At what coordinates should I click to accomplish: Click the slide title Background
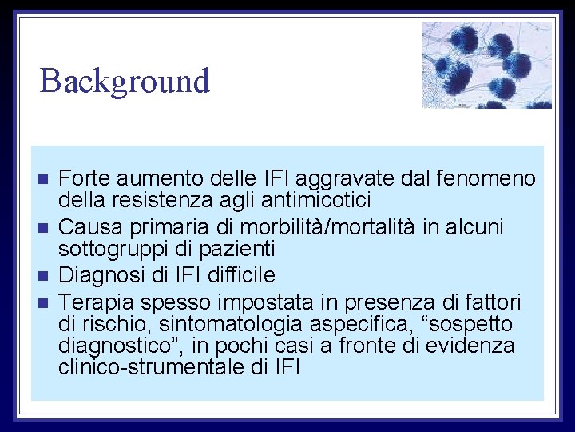125,81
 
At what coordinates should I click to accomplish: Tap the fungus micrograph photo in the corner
486,65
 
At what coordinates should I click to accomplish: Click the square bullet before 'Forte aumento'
43,178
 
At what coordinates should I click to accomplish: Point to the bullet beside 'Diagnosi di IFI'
43,276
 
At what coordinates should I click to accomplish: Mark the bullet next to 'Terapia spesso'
43,302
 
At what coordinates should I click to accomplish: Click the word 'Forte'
84,178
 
